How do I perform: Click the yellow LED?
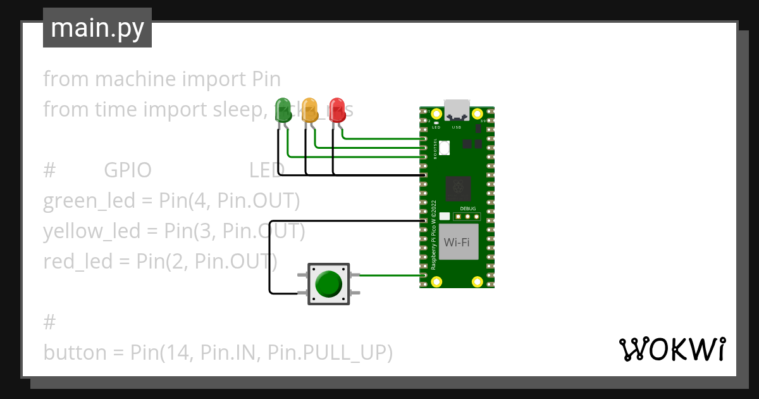[310, 108]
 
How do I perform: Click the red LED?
[337, 108]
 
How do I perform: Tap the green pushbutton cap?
[329, 284]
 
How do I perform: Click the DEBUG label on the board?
[467, 208]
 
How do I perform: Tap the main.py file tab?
[97, 28]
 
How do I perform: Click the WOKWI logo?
[671, 350]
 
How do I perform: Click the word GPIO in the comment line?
[127, 170]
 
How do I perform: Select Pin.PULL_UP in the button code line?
[330, 352]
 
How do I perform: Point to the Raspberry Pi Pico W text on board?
[434, 236]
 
